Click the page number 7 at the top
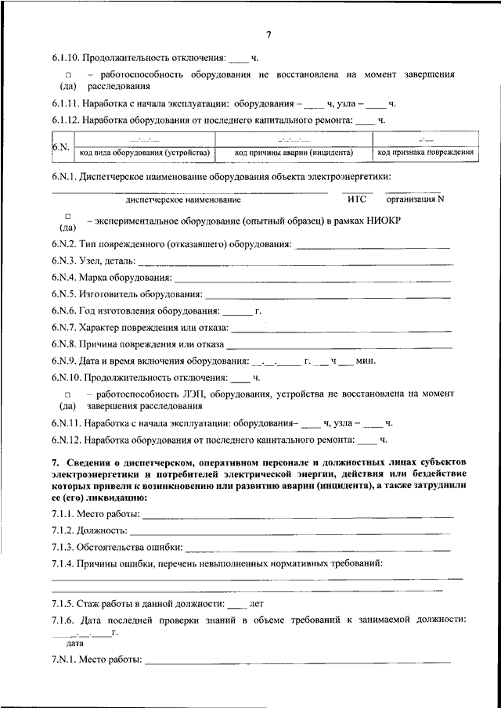(x=268, y=35)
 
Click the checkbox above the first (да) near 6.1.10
(x=68, y=75)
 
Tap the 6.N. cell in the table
(x=60, y=146)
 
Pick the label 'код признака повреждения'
(x=425, y=152)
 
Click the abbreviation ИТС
(x=356, y=199)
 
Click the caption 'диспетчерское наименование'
(x=182, y=199)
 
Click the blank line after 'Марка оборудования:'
(x=313, y=279)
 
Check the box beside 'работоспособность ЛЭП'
(x=68, y=395)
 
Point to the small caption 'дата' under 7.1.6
(x=75, y=642)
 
